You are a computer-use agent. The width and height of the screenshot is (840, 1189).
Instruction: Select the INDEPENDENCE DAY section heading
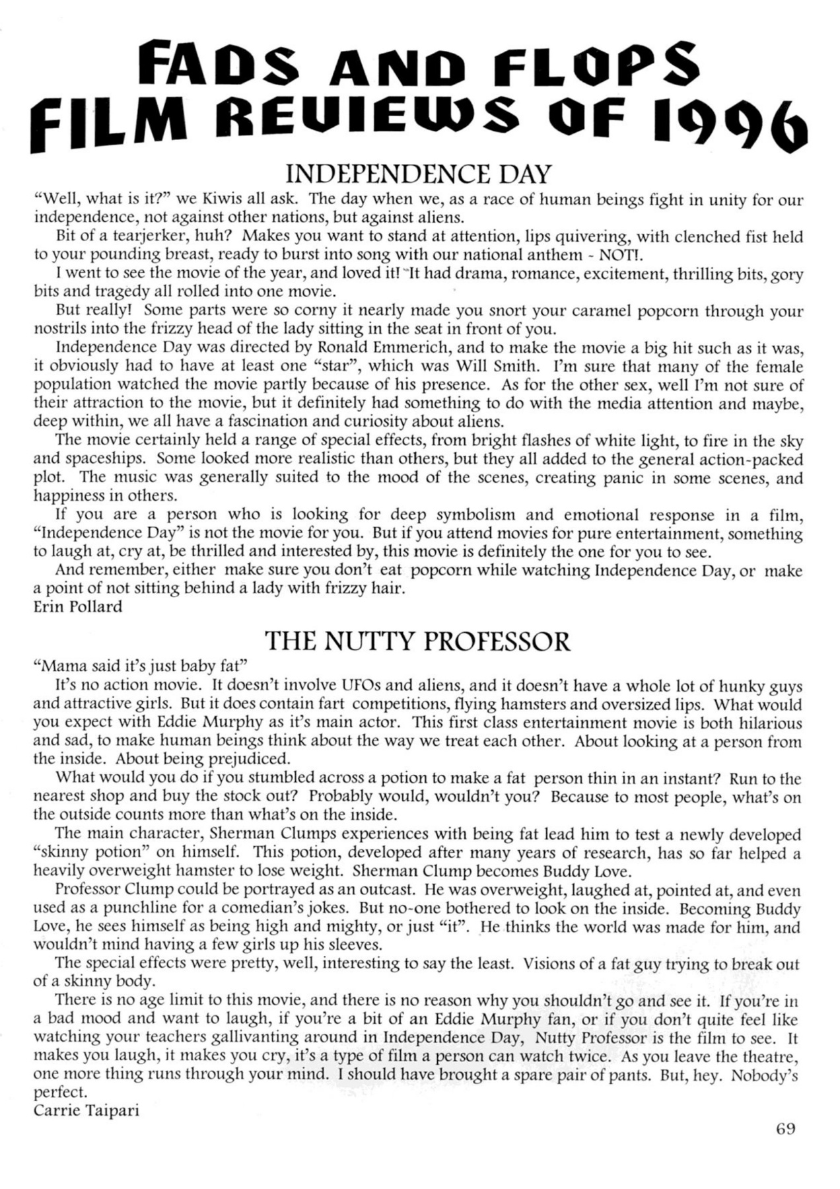pos(417,174)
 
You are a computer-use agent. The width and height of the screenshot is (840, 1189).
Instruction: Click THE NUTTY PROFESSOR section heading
pos(417,641)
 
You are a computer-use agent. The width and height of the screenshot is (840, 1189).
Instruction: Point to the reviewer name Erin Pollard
pos(78,606)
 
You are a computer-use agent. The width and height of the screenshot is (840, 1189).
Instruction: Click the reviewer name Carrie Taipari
pos(86,1110)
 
